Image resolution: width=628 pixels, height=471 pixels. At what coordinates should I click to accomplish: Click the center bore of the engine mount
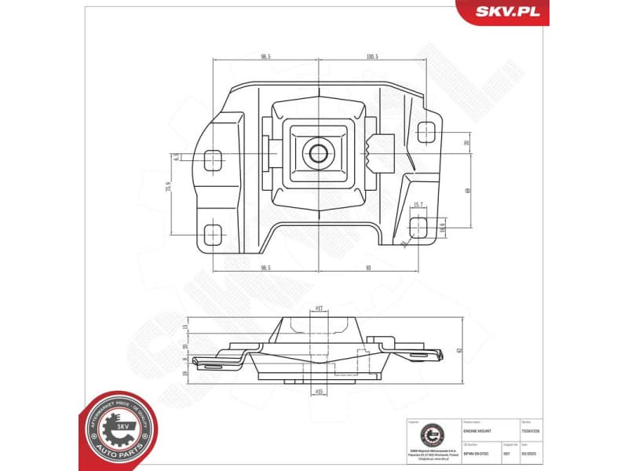tap(318, 152)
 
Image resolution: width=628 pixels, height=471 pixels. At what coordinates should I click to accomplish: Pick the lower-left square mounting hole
tap(213, 233)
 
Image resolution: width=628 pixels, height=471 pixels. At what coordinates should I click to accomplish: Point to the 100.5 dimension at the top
tap(372, 57)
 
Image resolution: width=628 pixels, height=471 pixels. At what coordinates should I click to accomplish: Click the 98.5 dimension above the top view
tap(265, 57)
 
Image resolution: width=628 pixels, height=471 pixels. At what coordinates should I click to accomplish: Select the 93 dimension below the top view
tap(368, 268)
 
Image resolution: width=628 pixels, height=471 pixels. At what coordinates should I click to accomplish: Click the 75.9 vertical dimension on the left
tap(168, 192)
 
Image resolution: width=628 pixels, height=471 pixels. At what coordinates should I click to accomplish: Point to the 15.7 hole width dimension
tap(418, 205)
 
